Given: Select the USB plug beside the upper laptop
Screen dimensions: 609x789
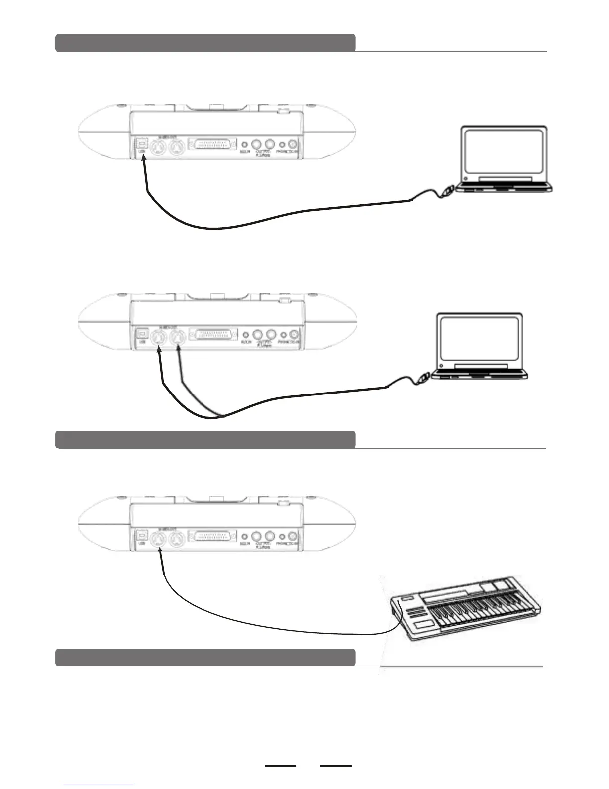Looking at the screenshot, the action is tap(447, 190).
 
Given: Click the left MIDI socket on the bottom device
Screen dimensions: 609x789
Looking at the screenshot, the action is tap(159, 538).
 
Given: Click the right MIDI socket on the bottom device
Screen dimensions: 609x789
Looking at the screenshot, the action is tap(176, 538).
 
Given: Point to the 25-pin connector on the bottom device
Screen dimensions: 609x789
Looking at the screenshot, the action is tap(212, 536).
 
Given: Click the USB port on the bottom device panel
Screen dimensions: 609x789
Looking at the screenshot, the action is tap(142, 535).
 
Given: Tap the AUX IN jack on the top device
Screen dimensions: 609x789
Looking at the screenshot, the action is tap(245, 145).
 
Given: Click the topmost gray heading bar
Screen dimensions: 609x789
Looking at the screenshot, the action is tap(205, 43).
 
